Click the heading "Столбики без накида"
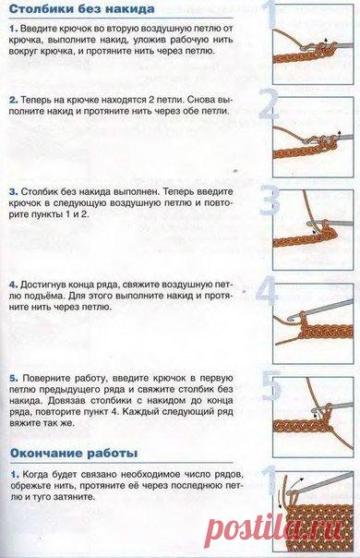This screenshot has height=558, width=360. click(81, 9)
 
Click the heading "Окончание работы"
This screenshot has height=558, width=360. click(74, 454)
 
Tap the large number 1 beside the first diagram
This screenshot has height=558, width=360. click(271, 15)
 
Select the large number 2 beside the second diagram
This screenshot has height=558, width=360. click(269, 103)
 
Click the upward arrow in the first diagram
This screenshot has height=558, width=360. click(324, 43)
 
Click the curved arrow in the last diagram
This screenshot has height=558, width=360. click(297, 483)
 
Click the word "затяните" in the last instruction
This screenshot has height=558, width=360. click(77, 497)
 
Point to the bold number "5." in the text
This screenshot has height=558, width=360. click(14, 378)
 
